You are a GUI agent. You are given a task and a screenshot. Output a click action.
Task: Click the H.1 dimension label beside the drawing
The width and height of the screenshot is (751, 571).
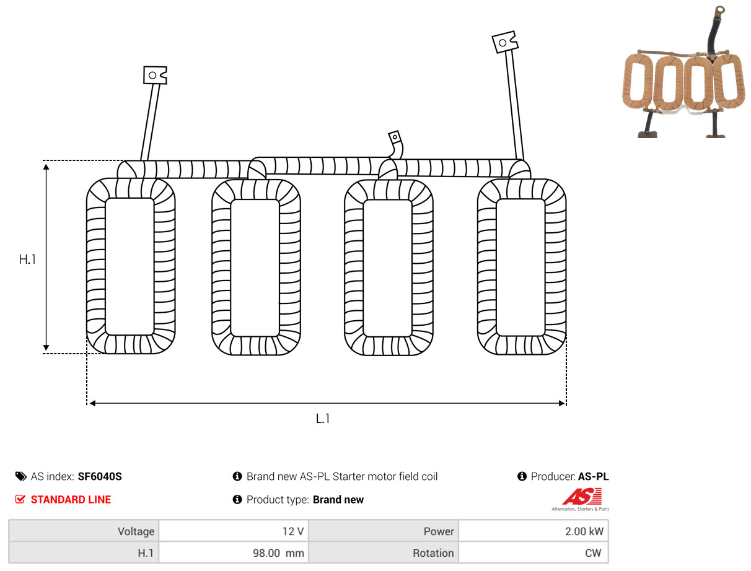(x=27, y=259)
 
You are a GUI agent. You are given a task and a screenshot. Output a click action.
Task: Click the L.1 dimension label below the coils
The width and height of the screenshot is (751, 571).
(x=322, y=419)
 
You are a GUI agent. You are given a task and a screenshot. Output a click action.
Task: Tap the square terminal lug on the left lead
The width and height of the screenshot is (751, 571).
(x=155, y=75)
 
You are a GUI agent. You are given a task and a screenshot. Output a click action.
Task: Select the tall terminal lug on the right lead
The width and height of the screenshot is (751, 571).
(x=504, y=41)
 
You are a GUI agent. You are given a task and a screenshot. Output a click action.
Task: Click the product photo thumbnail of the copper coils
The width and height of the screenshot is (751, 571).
(x=683, y=72)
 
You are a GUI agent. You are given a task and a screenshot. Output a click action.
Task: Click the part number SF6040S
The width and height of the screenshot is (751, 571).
(x=100, y=476)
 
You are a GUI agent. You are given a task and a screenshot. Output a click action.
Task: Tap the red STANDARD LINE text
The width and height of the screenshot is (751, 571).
(x=71, y=500)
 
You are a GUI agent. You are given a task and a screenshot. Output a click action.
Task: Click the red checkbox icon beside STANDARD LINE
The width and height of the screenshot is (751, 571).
(x=20, y=499)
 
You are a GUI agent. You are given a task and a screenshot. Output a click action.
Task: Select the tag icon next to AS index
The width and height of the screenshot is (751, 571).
(x=20, y=476)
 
